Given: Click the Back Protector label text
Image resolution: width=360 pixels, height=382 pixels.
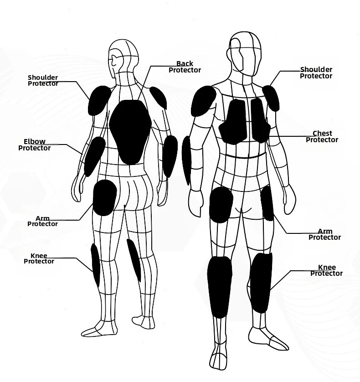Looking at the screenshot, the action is click(x=185, y=67).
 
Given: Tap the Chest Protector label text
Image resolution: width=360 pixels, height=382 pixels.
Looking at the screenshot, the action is click(x=322, y=136).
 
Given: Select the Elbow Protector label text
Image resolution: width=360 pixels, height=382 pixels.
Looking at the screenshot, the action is click(x=34, y=145).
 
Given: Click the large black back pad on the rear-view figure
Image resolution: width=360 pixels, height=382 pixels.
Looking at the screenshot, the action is click(x=130, y=132).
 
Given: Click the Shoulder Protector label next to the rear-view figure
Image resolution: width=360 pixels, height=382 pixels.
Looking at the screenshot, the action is click(x=43, y=80).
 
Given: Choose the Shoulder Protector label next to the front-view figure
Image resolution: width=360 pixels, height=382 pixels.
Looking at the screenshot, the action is click(x=316, y=72).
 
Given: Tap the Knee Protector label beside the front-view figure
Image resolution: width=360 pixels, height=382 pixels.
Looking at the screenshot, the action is click(x=326, y=270).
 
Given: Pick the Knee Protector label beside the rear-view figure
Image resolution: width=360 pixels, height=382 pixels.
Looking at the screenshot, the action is click(x=39, y=258).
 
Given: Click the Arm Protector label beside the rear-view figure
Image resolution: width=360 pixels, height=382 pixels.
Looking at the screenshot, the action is click(x=43, y=221).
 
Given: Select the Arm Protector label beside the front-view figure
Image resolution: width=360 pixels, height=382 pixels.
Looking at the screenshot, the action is click(x=324, y=234).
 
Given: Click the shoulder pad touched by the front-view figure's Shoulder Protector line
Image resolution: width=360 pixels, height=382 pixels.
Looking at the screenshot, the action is click(x=271, y=98).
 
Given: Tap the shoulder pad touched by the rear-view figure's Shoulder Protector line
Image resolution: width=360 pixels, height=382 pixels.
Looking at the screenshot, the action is click(x=99, y=101).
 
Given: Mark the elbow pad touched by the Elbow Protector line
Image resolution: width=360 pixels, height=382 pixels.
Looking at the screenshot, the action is click(x=94, y=156).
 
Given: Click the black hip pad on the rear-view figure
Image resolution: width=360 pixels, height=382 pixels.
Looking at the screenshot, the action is click(x=105, y=198).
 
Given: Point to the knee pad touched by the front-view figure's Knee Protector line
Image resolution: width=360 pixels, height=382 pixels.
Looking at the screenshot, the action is click(x=261, y=283).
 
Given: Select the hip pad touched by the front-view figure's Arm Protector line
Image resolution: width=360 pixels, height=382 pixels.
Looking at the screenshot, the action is click(x=267, y=203).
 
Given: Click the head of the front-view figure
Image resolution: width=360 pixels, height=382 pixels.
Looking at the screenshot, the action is click(x=245, y=54).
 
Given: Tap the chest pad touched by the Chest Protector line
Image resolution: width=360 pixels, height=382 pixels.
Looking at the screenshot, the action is click(x=261, y=120).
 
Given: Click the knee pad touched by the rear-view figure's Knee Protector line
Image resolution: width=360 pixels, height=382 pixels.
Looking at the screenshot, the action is click(x=96, y=265).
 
